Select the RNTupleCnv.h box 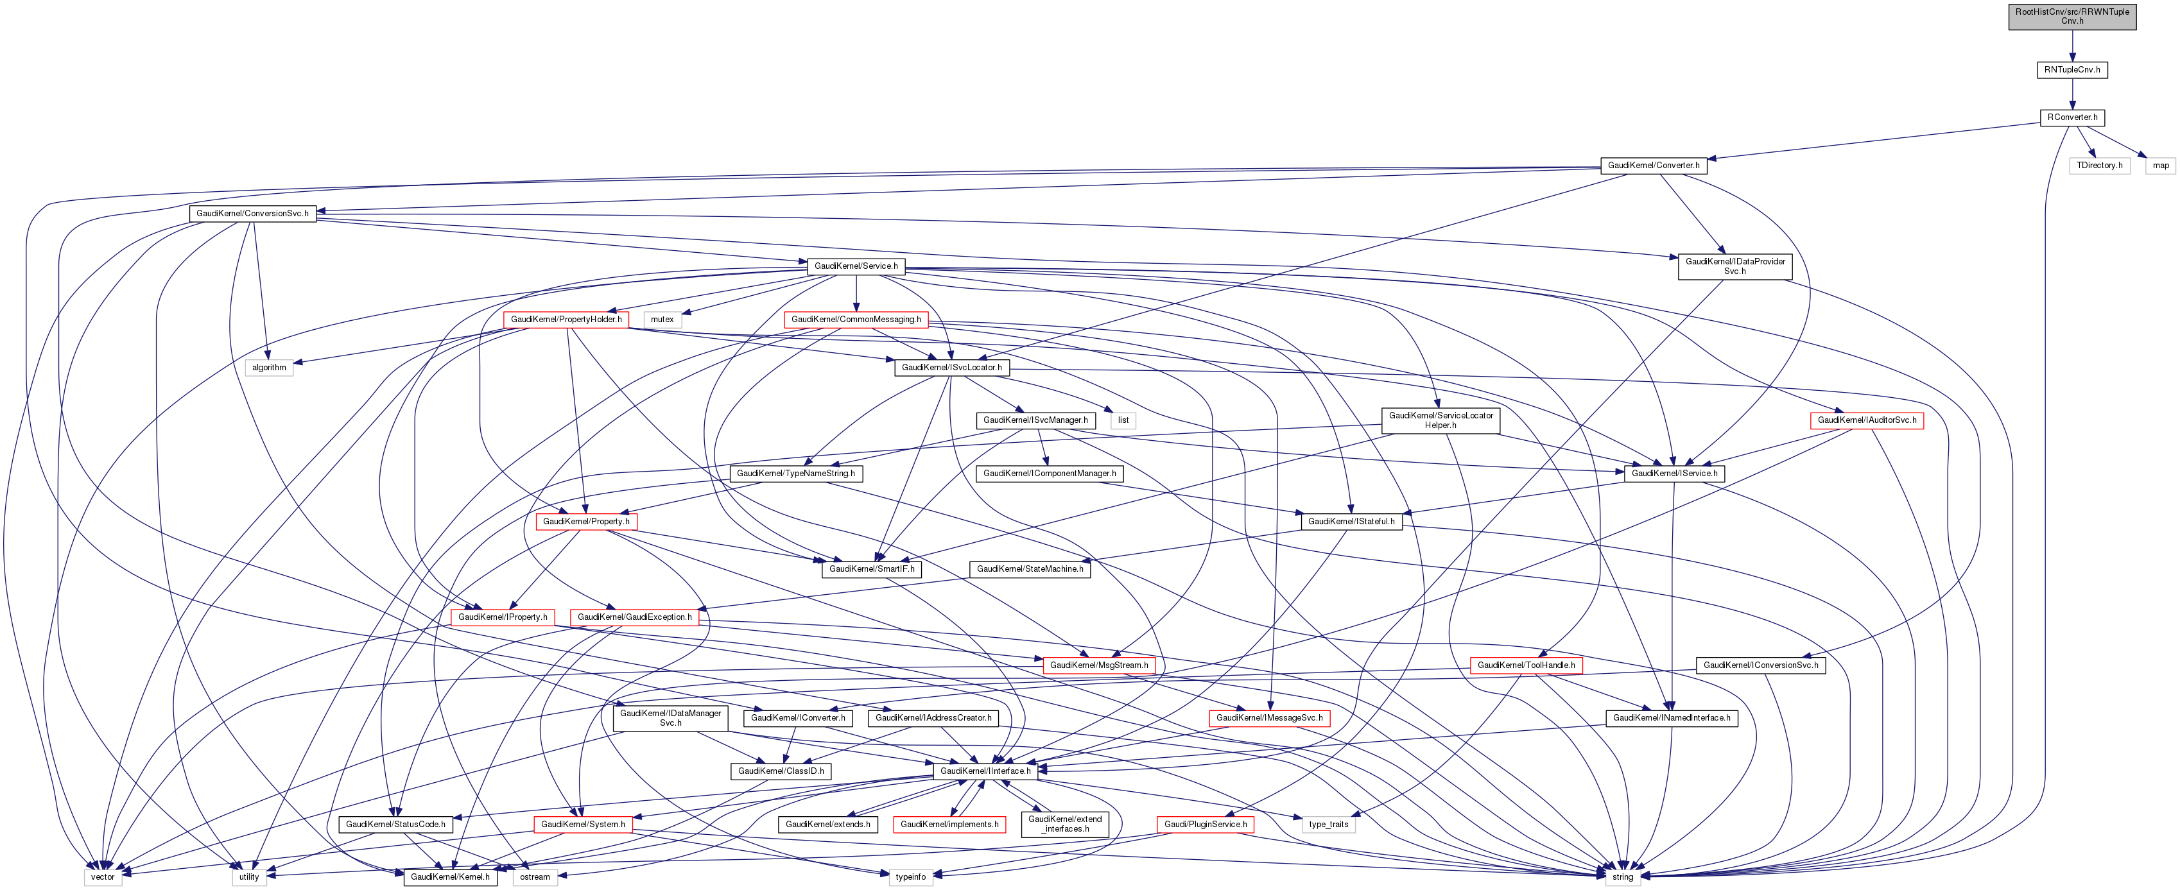tap(2072, 69)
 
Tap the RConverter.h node tap(2072, 117)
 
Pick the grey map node tap(2161, 166)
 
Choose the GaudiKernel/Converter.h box tap(1654, 166)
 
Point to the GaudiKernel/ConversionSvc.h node tap(252, 213)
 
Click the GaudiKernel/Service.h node tap(856, 266)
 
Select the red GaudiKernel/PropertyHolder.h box tap(566, 320)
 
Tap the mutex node tap(662, 320)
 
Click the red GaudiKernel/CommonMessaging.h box tap(856, 320)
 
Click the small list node tap(1123, 420)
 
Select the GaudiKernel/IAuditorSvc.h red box tap(1867, 420)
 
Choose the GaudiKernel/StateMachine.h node tap(1030, 569)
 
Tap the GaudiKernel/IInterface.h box tap(985, 771)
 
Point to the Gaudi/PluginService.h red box tap(1205, 825)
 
